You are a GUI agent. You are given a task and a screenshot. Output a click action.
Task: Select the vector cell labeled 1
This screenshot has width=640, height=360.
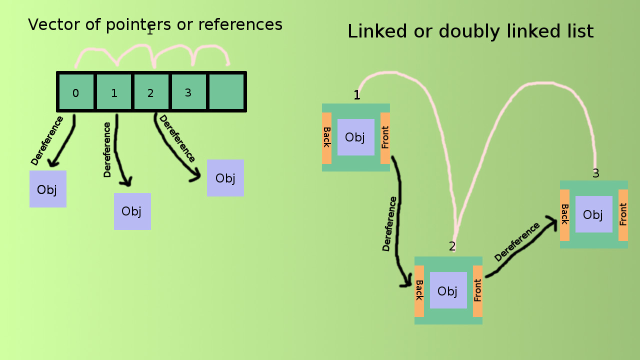pyautogui.click(x=114, y=92)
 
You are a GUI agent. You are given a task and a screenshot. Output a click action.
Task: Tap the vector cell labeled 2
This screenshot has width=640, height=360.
pyautogui.click(x=151, y=92)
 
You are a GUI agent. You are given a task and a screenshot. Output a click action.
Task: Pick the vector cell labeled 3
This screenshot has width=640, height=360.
pyautogui.click(x=188, y=92)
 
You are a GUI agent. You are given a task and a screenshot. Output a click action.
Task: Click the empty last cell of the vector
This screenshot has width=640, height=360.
pyautogui.click(x=226, y=92)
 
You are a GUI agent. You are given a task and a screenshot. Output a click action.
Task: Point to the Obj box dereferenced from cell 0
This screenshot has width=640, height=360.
pyautogui.click(x=48, y=189)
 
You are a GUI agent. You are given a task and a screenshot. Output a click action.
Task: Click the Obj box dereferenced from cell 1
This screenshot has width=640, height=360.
pyautogui.click(x=132, y=211)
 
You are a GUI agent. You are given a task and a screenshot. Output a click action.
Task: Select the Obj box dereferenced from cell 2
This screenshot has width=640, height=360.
pyautogui.click(x=225, y=178)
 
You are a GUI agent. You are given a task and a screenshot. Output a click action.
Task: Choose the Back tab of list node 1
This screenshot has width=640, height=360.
pyautogui.click(x=327, y=138)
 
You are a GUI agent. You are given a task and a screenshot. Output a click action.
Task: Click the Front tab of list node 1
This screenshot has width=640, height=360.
pyautogui.click(x=385, y=138)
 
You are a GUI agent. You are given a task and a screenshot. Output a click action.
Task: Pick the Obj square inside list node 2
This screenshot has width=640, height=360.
pyautogui.click(x=448, y=290)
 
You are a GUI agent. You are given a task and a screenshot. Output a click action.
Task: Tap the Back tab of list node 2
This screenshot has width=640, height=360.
pyautogui.click(x=419, y=291)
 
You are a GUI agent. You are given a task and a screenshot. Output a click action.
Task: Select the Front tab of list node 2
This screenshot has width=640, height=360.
pyautogui.click(x=477, y=291)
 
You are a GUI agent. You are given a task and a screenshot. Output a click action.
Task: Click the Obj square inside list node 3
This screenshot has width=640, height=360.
pyautogui.click(x=594, y=214)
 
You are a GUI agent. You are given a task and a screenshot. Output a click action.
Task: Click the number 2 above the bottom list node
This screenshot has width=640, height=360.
pyautogui.click(x=452, y=246)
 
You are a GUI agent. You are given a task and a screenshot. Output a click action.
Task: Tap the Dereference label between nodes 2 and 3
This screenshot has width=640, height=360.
pyautogui.click(x=517, y=242)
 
